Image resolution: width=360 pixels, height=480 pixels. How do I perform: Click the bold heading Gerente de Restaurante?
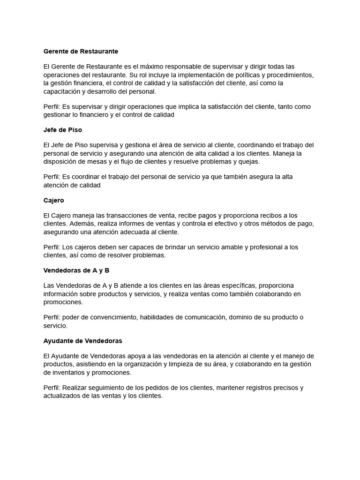pos(81,51)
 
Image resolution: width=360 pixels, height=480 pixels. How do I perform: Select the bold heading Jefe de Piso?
pos(62,130)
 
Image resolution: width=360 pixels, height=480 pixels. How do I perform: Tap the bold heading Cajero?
pos(53,200)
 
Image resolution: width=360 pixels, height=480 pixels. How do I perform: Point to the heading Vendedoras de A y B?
pos(76,270)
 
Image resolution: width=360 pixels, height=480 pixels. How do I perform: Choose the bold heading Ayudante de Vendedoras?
pos(82,341)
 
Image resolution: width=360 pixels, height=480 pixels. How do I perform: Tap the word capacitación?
pos(62,91)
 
